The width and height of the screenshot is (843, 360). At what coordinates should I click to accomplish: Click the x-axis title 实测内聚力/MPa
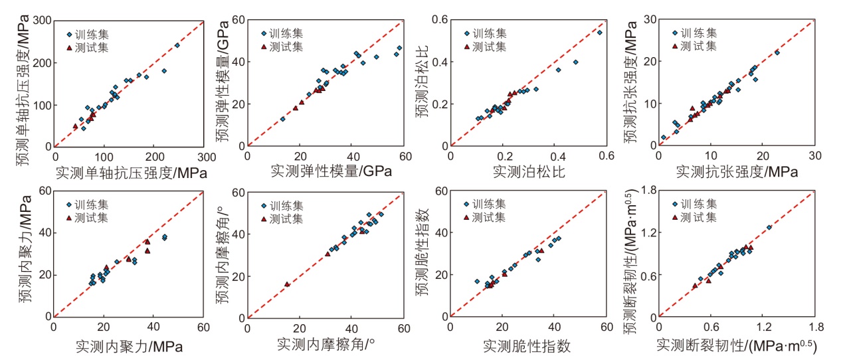(129, 345)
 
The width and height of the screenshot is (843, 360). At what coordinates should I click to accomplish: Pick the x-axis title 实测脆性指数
(527, 345)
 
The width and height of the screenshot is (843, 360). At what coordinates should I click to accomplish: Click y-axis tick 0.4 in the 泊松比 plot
(439, 62)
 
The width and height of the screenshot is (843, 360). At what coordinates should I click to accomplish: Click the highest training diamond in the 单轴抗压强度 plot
(177, 45)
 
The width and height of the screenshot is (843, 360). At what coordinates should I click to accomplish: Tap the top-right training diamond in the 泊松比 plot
(599, 32)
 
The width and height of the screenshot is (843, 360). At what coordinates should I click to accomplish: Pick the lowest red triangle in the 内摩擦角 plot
(287, 284)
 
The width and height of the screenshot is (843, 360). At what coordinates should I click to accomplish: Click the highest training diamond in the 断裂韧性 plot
(769, 228)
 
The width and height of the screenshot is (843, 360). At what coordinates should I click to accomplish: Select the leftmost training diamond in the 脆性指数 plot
(476, 281)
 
